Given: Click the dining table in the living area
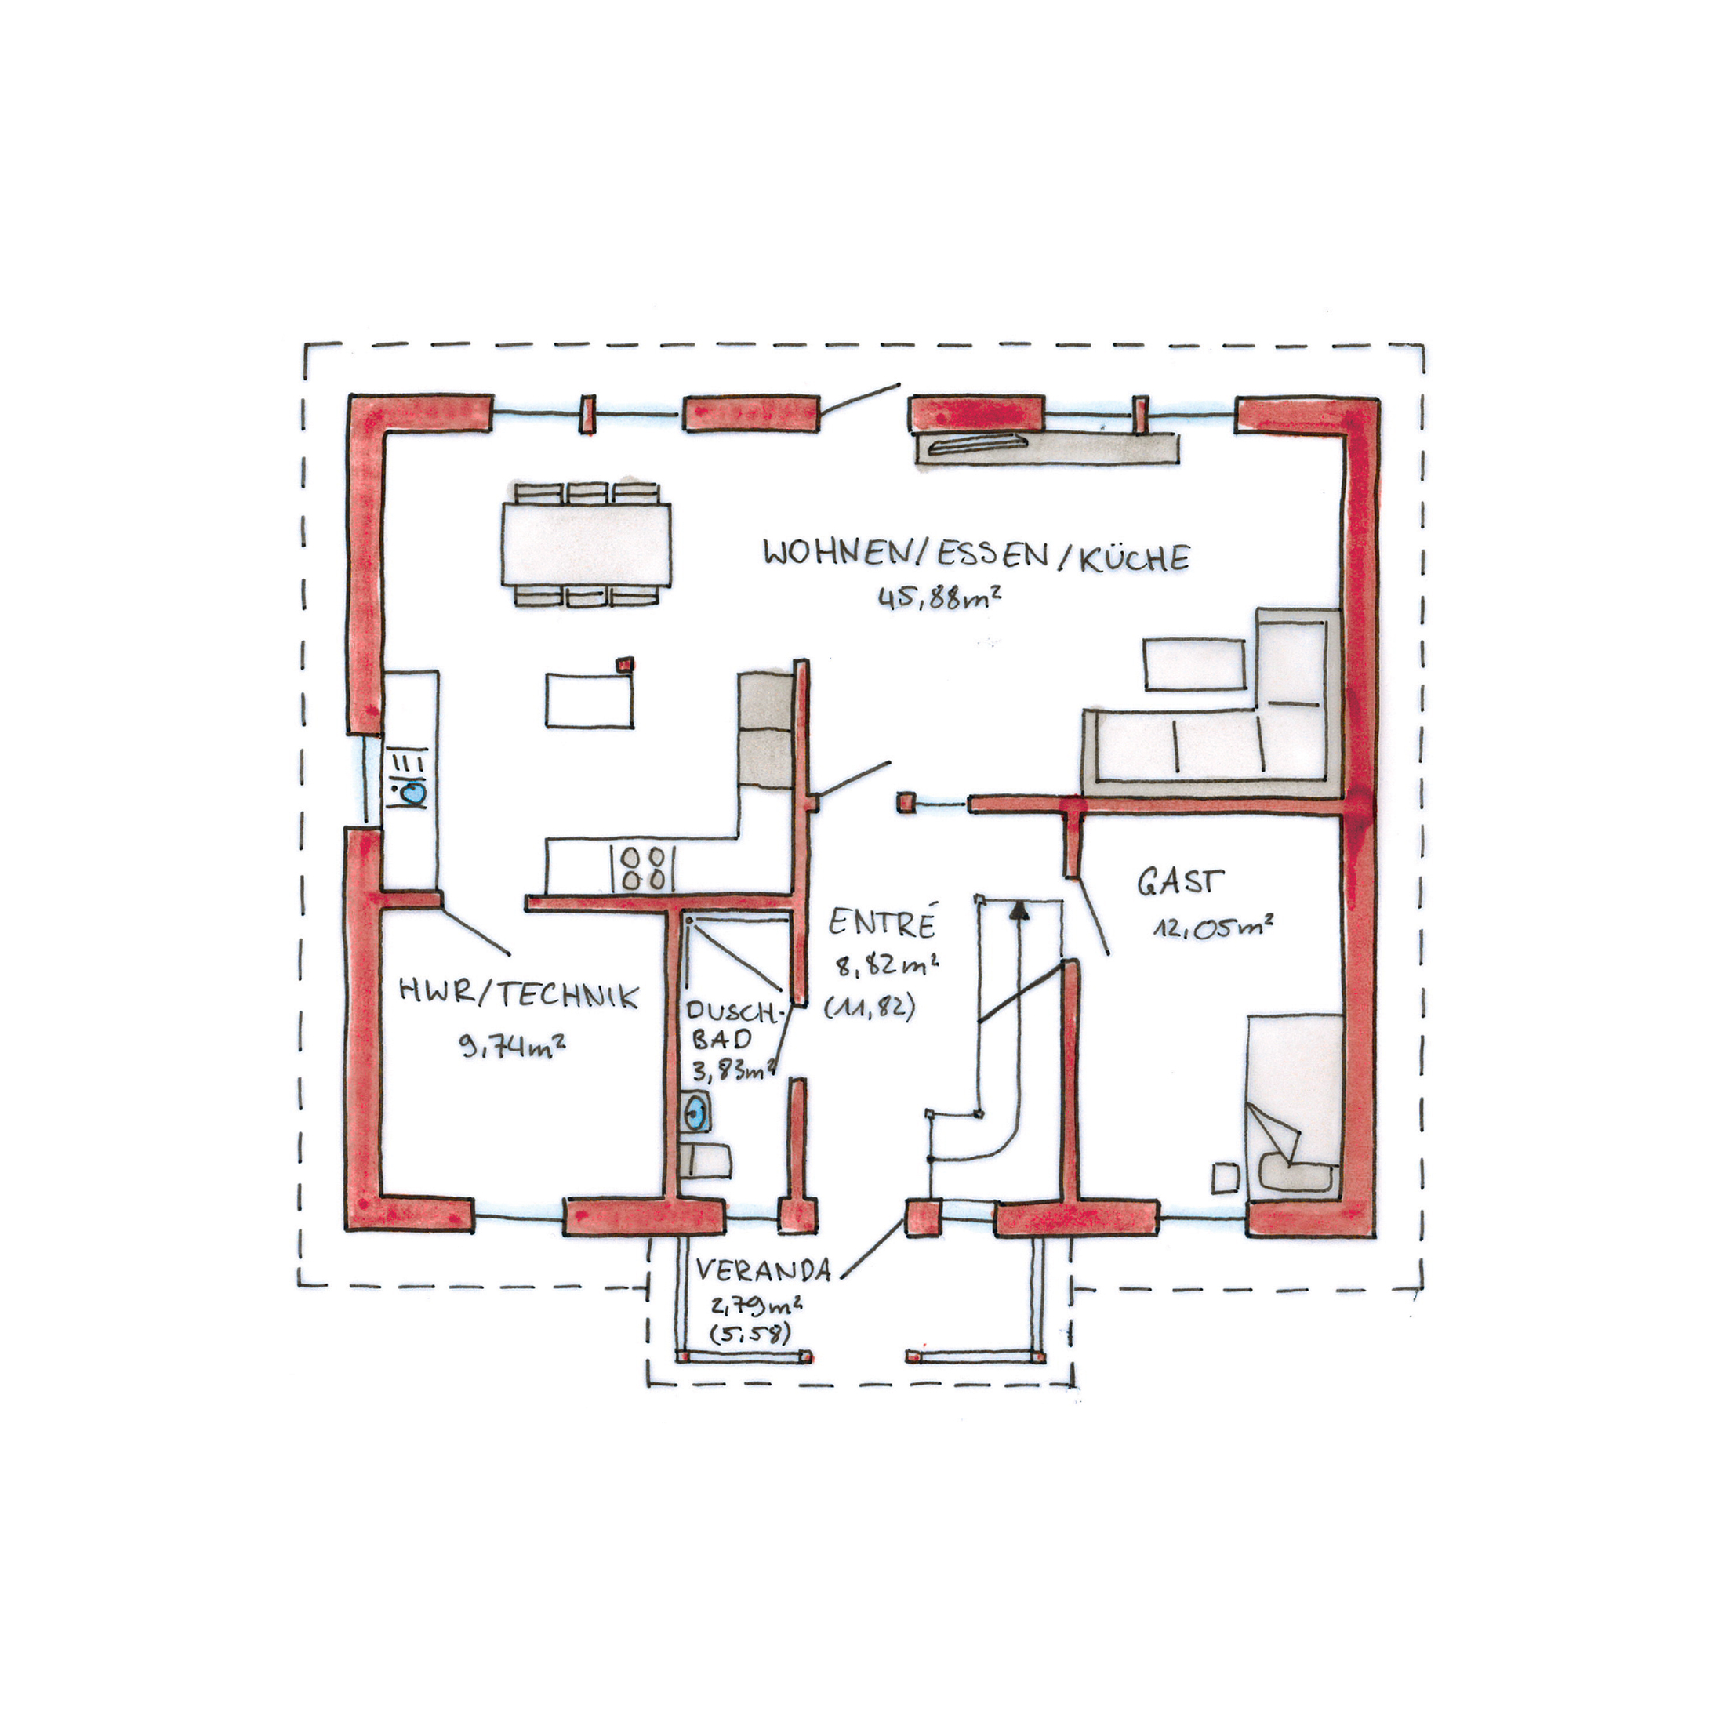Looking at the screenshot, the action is click(586, 543).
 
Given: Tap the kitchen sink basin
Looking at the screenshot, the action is click(412, 792).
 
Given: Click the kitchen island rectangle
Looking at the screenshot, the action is click(590, 701).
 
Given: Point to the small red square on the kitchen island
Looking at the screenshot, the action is click(626, 663).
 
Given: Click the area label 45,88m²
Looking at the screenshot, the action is click(939, 597).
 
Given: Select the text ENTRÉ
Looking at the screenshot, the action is click(882, 922).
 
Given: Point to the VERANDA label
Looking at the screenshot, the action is click(764, 1269).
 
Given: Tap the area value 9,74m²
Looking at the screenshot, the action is click(511, 1044).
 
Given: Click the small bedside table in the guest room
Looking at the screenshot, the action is click(1225, 1178).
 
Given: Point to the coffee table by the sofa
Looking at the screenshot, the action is click(1195, 664).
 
